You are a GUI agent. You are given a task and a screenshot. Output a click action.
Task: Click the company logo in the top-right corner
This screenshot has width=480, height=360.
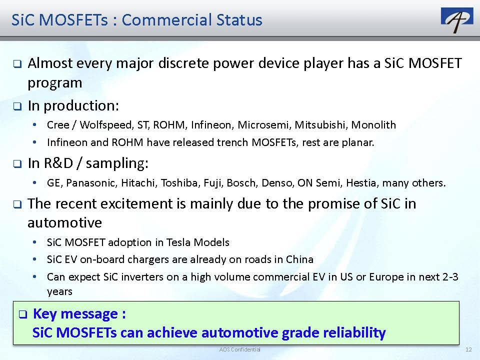coord(456,20)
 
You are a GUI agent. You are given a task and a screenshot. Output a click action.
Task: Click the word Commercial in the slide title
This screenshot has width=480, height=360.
coord(166,20)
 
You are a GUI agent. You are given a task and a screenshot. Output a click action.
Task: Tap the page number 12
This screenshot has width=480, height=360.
coord(468,349)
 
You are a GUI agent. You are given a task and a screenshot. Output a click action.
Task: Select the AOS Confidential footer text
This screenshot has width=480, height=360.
coord(239,349)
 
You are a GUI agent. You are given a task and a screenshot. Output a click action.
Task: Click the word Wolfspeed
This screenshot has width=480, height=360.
coord(106,125)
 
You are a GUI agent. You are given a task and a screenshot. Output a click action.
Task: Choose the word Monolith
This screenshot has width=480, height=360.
coord(373,125)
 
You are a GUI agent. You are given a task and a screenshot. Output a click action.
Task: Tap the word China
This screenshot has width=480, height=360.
coord(299,259)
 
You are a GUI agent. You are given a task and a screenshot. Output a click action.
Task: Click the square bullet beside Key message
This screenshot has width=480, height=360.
coord(23,314)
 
